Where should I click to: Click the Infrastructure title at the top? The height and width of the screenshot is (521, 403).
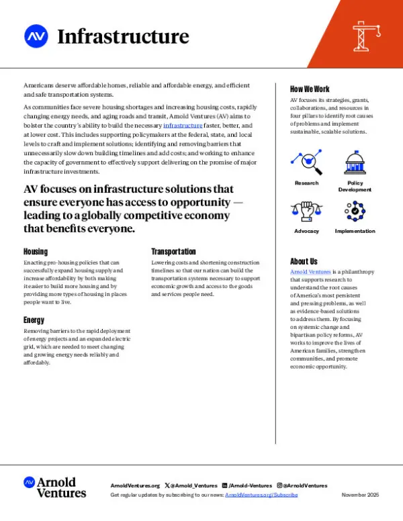(x=123, y=36)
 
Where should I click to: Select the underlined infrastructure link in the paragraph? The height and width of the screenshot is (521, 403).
(x=182, y=126)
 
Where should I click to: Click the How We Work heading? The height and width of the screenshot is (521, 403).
(x=310, y=89)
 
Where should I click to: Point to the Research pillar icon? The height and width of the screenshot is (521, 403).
(x=306, y=162)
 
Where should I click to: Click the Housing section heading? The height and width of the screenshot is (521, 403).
(x=37, y=251)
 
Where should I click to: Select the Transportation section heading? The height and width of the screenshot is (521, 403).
(x=173, y=251)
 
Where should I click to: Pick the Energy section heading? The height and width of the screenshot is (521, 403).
(x=34, y=320)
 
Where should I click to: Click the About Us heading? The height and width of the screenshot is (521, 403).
(x=304, y=261)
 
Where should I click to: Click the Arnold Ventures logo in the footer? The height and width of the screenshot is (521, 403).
(x=55, y=487)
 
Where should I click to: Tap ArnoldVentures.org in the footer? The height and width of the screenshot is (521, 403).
(x=134, y=485)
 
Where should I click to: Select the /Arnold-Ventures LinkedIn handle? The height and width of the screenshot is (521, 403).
(x=250, y=485)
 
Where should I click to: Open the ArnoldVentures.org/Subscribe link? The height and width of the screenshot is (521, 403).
(x=261, y=495)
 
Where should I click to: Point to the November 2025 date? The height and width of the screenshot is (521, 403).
(x=360, y=495)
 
